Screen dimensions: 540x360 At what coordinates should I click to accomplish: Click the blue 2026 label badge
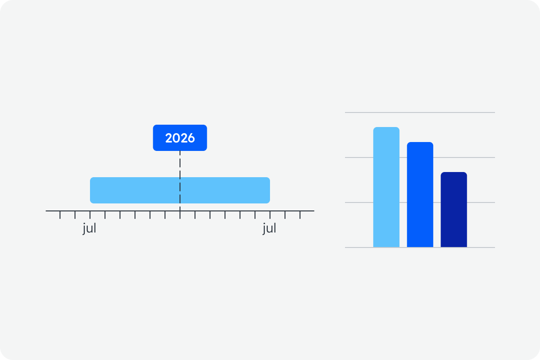point(180,138)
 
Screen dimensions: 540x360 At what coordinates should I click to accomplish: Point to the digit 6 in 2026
point(191,138)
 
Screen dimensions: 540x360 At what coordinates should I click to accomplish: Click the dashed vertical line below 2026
point(180,181)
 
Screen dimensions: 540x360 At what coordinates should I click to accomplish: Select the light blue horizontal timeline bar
point(180,190)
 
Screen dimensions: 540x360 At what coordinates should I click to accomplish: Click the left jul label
point(90,228)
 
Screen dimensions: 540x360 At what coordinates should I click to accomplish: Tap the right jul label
point(270,228)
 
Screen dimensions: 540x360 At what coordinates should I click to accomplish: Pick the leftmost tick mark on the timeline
point(60,215)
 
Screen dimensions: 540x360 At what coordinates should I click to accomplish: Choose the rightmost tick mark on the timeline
point(300,215)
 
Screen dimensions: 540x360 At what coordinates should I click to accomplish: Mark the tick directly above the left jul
point(90,215)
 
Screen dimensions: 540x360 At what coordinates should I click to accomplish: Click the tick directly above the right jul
point(270,215)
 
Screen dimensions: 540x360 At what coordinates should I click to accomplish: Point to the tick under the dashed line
point(180,215)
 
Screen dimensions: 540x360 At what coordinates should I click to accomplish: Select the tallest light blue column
point(386,187)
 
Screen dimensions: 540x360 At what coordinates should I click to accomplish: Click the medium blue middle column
point(420,195)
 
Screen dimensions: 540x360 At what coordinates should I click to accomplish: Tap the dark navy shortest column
point(454,210)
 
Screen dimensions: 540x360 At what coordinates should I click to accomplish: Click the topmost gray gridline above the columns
point(420,112)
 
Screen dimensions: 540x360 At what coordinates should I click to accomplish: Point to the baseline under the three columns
point(420,247)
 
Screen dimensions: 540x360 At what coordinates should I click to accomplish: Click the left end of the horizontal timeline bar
point(90,190)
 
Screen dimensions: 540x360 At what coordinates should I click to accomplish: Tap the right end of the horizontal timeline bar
point(270,190)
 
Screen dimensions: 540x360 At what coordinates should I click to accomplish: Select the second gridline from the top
point(420,157)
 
